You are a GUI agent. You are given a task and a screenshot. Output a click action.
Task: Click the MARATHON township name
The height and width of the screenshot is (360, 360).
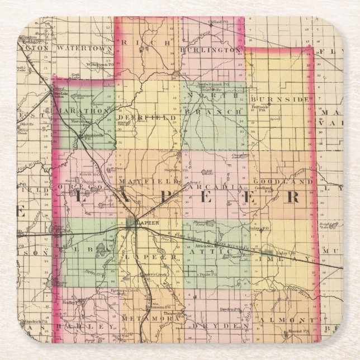(x=83, y=111)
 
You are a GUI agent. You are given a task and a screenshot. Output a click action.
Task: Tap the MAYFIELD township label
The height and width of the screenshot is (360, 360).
(x=148, y=182)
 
